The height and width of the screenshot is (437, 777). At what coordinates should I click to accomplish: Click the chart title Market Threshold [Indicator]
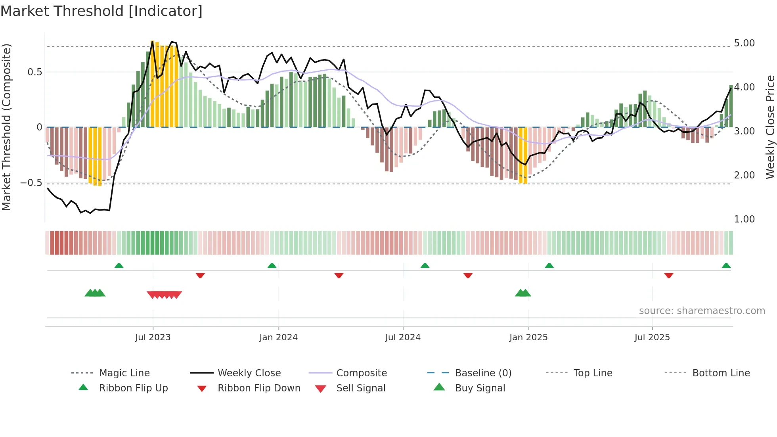(101, 11)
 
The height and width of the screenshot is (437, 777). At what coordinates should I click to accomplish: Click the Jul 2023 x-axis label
(153, 337)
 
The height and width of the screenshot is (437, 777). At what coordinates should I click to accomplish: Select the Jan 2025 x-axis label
(528, 337)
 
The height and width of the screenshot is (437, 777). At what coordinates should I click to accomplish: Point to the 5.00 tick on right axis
(744, 43)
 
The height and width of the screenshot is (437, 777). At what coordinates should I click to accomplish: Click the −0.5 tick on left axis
(31, 183)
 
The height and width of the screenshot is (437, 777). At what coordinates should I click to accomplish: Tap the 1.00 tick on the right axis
(744, 219)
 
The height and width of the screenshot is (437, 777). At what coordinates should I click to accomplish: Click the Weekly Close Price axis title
(770, 127)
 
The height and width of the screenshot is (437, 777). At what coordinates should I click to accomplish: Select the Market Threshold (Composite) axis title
(7, 127)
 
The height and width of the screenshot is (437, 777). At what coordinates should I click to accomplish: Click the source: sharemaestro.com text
(702, 311)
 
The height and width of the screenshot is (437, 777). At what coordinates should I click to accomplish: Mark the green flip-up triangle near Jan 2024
(272, 266)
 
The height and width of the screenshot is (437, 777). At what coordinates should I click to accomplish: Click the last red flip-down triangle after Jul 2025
(669, 275)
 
